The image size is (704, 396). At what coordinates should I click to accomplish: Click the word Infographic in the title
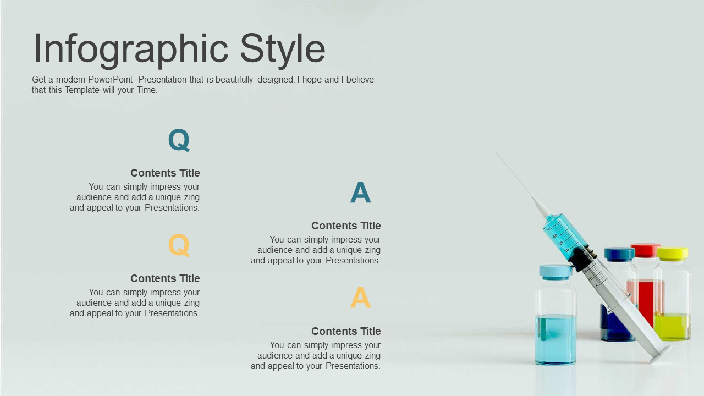coord(131,50)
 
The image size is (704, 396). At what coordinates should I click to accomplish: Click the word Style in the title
coord(282,50)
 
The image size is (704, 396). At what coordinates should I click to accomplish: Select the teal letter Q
coord(179,140)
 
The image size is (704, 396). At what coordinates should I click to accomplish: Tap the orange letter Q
coord(179,245)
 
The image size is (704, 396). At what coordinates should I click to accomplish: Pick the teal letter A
coord(360,193)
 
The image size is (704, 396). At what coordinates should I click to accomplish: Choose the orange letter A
coord(360,298)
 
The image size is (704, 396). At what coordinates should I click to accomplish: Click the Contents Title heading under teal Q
coord(165,173)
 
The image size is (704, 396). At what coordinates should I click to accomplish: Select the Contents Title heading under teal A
coord(346,226)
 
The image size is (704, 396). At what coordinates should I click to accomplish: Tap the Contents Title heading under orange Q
coord(165,278)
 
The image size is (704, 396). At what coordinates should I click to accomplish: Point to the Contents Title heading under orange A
coord(346,331)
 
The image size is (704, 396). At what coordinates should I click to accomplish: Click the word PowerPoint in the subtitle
coord(111,80)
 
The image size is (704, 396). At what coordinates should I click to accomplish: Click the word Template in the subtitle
coord(82,90)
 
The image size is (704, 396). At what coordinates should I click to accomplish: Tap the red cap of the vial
coord(645,250)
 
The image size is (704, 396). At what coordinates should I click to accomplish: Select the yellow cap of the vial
coord(673,254)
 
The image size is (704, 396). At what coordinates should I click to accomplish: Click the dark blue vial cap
coord(619,255)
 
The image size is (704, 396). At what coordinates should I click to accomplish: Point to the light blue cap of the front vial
coord(555,272)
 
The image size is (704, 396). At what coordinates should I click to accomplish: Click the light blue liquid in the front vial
coord(555,339)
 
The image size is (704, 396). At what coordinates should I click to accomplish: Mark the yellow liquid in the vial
coord(673,327)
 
